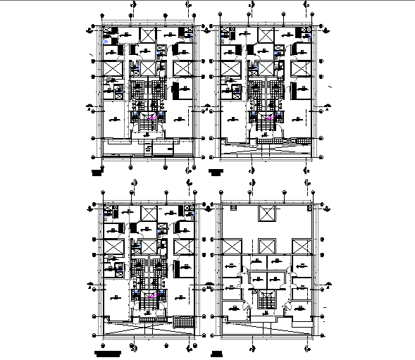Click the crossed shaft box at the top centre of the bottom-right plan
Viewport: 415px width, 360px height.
[267, 214]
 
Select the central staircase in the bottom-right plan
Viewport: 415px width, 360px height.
[266, 299]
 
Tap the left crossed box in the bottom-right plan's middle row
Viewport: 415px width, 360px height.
[233, 247]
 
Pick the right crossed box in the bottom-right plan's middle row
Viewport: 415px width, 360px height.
[301, 247]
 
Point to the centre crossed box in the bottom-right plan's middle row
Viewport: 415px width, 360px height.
[267, 247]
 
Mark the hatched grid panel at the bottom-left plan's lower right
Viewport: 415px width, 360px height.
[182, 321]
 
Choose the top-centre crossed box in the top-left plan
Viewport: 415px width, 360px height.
[149, 36]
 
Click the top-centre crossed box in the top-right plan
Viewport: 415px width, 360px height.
[267, 36]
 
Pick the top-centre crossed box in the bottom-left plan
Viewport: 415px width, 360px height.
[149, 214]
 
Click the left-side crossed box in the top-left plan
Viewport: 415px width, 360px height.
[113, 69]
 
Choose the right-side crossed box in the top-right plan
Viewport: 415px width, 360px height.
[301, 69]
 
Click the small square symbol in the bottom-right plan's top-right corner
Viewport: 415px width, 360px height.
[309, 209]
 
